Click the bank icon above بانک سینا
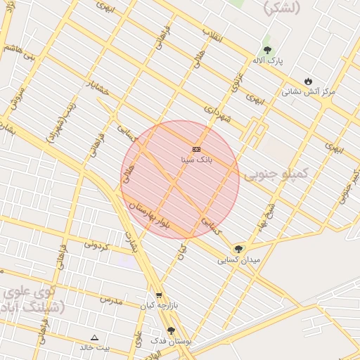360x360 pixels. [196, 149]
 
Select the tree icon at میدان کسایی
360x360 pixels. [238, 249]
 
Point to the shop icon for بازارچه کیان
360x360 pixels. [159, 295]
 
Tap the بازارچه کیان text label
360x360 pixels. [156, 306]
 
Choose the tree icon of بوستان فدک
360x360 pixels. [171, 330]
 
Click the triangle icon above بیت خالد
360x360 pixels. [95, 337]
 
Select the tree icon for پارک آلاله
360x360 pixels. [267, 50]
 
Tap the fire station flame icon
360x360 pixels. [308, 81]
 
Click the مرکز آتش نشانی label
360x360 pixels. [309, 91]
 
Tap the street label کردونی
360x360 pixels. [98, 245]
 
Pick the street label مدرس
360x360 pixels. [110, 300]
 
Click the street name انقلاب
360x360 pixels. [212, 34]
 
